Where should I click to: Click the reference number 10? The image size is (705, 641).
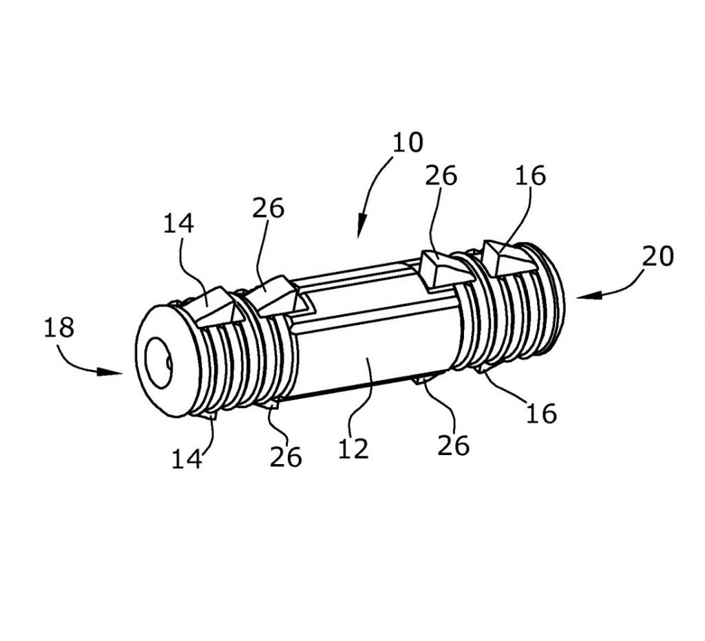(408, 142)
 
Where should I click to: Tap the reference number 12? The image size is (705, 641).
(353, 448)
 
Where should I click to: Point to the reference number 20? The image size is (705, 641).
(657, 257)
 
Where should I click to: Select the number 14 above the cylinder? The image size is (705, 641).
(178, 223)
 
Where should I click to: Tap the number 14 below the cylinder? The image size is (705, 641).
(187, 459)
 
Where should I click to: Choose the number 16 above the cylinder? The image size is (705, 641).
(530, 176)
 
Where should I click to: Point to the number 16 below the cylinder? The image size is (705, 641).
(541, 412)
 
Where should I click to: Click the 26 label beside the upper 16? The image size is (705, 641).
(441, 176)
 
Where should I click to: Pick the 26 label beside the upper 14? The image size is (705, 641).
(268, 208)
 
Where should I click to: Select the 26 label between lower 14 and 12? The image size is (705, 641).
(286, 457)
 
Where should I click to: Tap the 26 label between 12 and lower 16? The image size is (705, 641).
(453, 445)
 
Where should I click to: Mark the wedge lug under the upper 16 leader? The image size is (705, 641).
(509, 258)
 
